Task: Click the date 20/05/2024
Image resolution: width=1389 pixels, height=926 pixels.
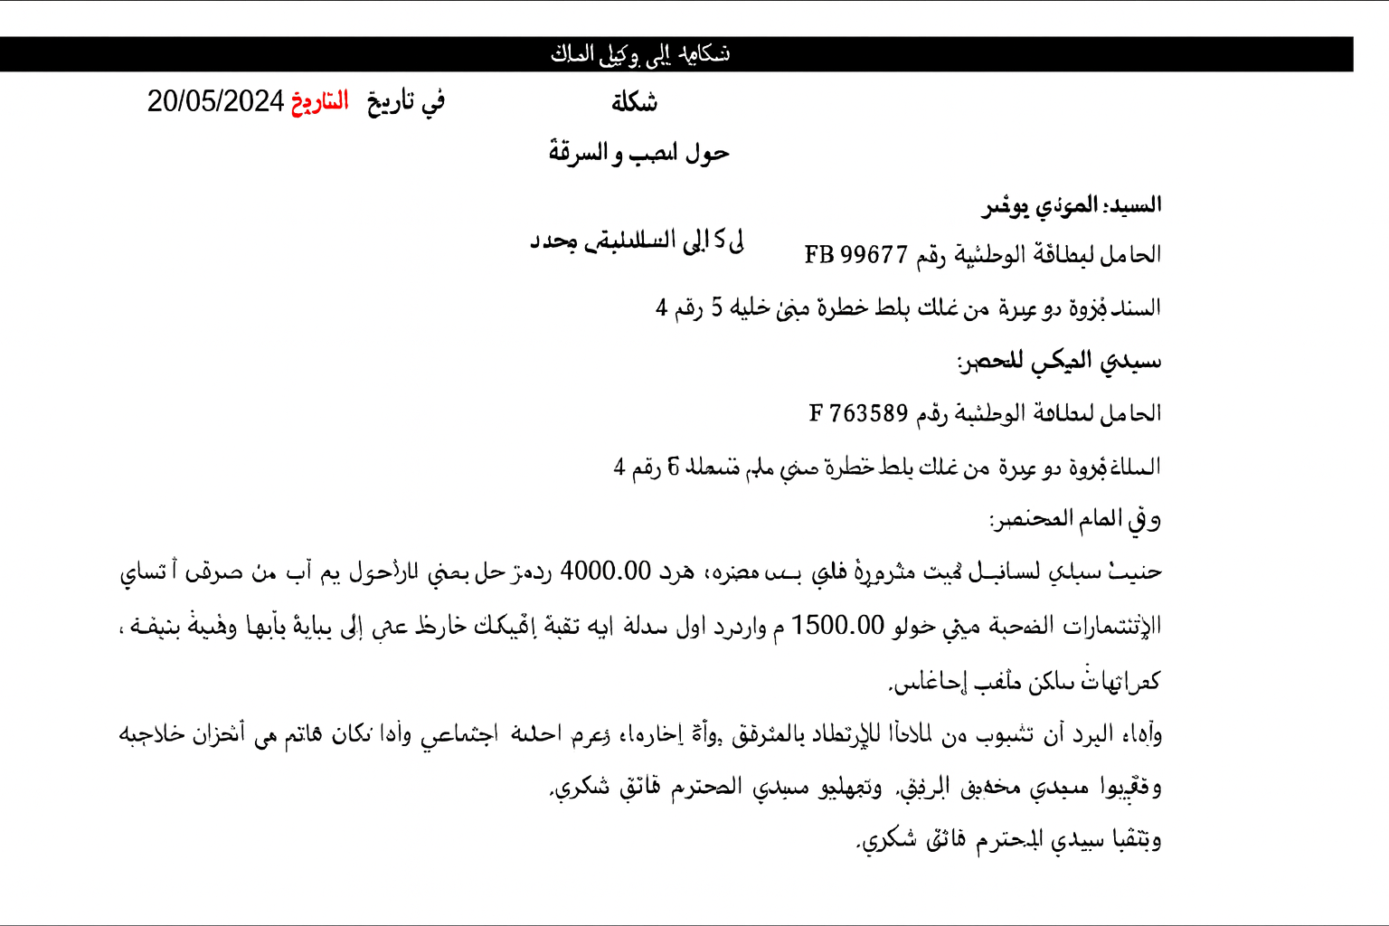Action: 215,101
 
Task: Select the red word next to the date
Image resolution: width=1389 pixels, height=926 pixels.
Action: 319,101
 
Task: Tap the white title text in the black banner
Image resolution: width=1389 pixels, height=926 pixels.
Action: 640,54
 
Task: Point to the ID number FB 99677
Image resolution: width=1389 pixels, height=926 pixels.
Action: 855,255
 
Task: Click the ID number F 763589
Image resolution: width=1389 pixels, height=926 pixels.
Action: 858,413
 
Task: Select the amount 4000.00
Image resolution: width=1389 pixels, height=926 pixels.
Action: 605,572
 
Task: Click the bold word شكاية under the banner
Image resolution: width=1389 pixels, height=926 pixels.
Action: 634,102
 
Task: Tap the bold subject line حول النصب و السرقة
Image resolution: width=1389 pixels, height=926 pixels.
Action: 638,153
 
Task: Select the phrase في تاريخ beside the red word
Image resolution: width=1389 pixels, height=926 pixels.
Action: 406,101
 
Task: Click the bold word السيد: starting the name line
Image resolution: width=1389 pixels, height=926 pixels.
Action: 1132,205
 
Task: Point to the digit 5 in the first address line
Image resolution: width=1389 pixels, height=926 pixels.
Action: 716,307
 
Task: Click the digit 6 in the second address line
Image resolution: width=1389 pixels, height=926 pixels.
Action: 673,467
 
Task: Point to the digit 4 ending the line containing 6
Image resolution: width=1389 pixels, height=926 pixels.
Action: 619,467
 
